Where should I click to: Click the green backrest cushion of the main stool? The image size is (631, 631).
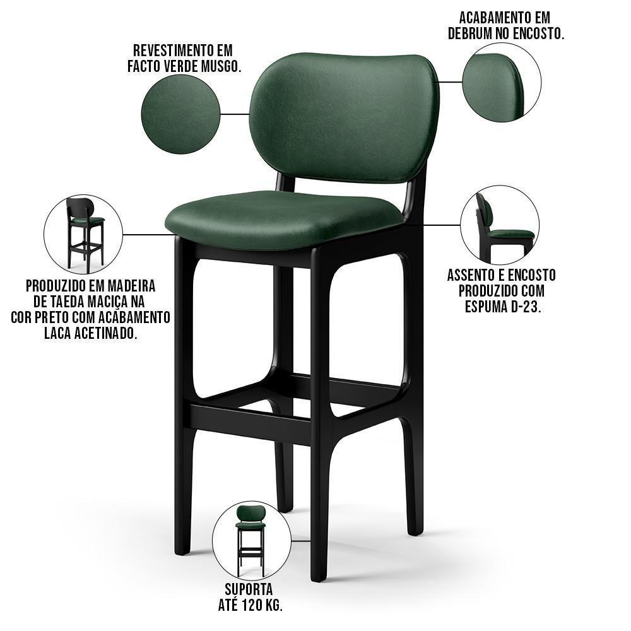coord(344,117)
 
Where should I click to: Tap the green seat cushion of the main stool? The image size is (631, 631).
coord(284,218)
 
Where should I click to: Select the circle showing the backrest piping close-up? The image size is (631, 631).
coord(502,82)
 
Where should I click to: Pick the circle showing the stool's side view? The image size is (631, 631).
coord(500,225)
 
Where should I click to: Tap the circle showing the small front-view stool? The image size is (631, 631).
coord(251,540)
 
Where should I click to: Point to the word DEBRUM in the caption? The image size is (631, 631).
coord(473,34)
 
